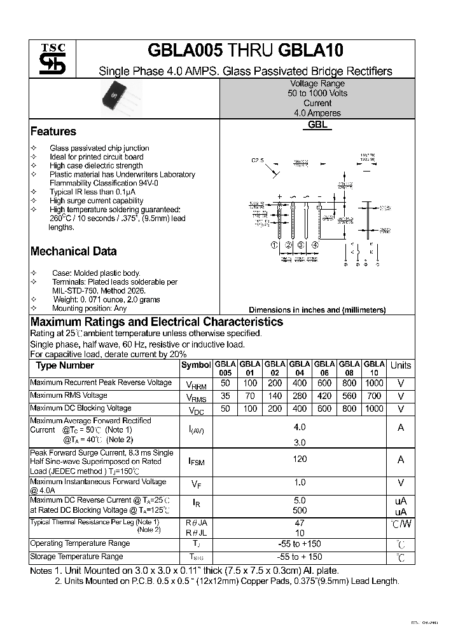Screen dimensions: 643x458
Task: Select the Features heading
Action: (53, 132)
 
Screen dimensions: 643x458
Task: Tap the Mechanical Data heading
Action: (73, 251)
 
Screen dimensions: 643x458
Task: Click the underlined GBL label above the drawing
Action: (317, 125)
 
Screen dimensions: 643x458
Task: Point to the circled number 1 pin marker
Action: (274, 245)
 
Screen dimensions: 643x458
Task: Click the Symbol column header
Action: (196, 365)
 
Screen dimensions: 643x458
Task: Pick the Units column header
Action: (401, 365)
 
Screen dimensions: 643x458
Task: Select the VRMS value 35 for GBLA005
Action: (225, 396)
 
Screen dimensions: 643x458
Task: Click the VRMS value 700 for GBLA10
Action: (374, 396)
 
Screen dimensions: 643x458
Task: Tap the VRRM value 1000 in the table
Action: (374, 383)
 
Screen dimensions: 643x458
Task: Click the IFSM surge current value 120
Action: (300, 459)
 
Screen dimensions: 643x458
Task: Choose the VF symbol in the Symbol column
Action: (196, 484)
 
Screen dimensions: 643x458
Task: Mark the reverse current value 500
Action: (300, 510)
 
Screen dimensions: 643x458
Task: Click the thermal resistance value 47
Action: (300, 523)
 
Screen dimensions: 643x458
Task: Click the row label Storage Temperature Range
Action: (76, 557)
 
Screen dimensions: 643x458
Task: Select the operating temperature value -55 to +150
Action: (300, 544)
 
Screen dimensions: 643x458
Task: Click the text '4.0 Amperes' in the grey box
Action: (317, 113)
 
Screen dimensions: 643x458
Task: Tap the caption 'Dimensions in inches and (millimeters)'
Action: (317, 310)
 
